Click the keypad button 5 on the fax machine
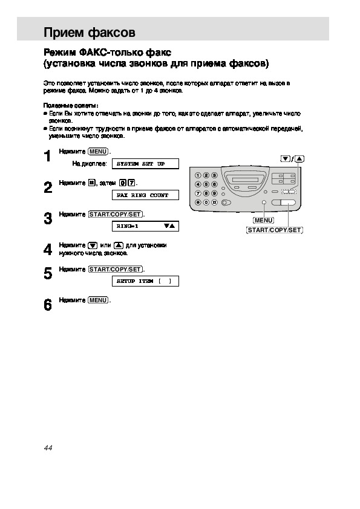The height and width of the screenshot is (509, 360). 206,184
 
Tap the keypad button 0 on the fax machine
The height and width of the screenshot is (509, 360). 206,203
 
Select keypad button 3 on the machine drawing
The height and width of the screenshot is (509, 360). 214,176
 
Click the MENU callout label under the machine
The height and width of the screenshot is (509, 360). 264,221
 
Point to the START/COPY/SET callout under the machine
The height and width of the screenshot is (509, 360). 275,230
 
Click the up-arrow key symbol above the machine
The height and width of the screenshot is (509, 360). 299,159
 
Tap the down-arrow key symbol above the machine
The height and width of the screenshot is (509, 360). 285,159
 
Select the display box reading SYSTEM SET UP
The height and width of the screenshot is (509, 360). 145,164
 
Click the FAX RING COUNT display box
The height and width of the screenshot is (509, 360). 145,195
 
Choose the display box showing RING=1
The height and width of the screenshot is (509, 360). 145,226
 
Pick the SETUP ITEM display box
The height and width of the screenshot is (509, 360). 145,281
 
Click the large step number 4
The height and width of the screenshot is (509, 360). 48,250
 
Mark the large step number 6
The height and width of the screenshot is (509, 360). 48,305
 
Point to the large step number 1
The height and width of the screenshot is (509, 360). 48,156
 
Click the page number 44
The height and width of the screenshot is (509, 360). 48,448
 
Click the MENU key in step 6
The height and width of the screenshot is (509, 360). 98,300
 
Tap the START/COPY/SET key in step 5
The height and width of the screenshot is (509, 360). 116,270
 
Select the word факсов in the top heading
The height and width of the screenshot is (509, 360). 112,33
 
